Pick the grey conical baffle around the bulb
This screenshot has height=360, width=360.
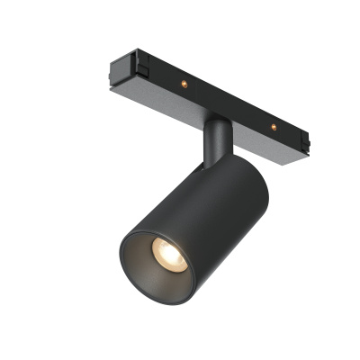point(153,265)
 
